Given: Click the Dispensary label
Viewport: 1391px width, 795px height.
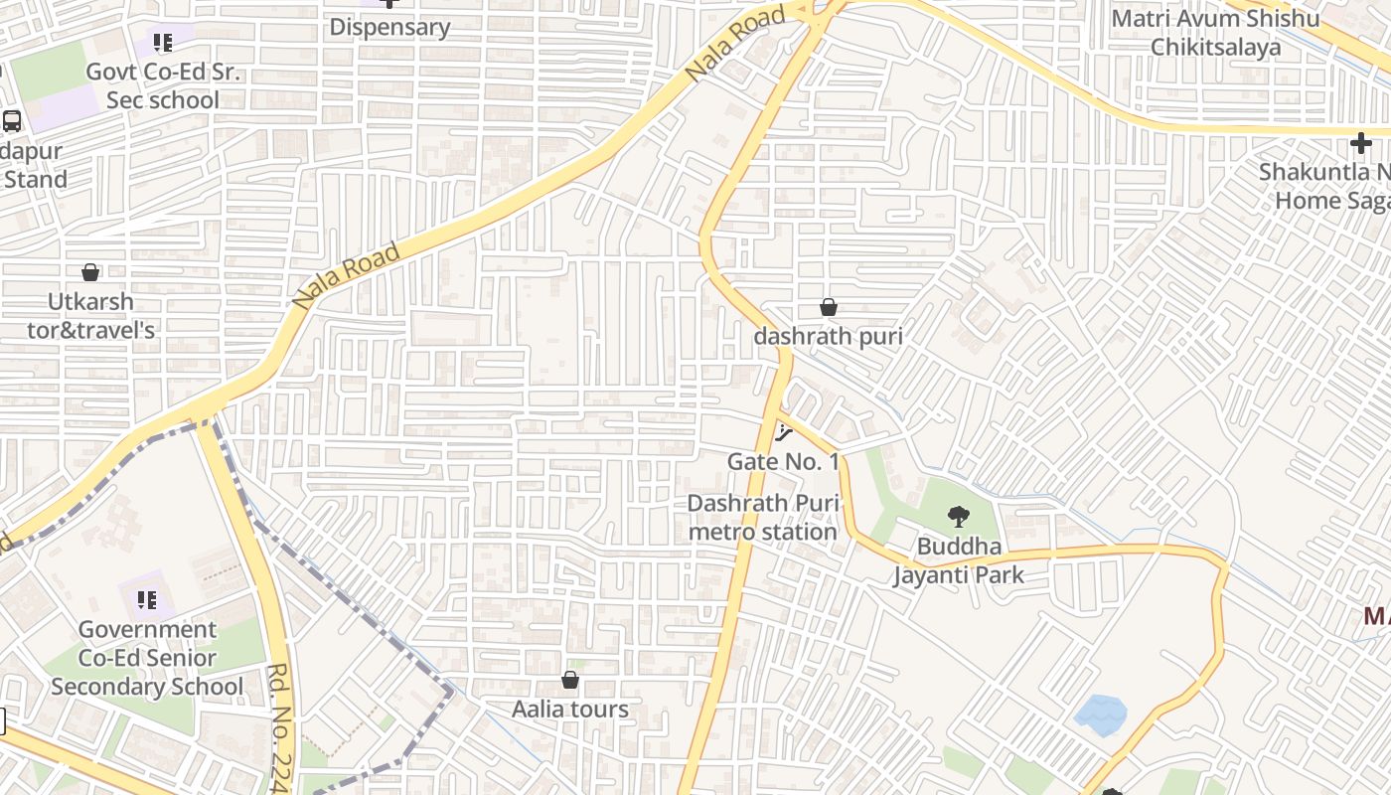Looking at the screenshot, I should click(x=389, y=27).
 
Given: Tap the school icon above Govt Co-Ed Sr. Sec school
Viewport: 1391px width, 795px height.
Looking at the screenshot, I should click(x=163, y=43).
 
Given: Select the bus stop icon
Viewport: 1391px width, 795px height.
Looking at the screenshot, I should click(x=12, y=121).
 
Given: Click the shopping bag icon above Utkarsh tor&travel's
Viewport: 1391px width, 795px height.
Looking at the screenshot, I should click(x=90, y=272).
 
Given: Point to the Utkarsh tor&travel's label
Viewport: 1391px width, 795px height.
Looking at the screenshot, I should click(x=90, y=315).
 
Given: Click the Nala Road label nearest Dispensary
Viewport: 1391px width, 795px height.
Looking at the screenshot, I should click(x=734, y=46).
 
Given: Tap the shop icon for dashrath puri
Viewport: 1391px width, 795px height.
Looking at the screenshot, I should click(x=828, y=308).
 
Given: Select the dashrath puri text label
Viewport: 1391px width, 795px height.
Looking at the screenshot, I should click(x=828, y=337).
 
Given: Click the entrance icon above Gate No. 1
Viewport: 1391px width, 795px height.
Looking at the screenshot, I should click(x=783, y=432).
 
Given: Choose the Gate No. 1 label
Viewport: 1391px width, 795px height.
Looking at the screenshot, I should click(x=783, y=461).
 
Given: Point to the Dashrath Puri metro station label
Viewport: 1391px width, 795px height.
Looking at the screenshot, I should click(x=763, y=518).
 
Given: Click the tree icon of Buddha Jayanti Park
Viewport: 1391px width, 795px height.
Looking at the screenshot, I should click(x=958, y=516).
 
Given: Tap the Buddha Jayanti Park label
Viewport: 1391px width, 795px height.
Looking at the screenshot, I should click(x=958, y=560).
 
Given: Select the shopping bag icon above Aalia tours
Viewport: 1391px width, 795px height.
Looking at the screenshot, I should click(x=570, y=680).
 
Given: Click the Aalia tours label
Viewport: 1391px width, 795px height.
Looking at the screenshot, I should click(x=570, y=710).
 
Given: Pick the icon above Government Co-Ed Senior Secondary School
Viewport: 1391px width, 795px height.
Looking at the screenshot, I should click(x=147, y=599).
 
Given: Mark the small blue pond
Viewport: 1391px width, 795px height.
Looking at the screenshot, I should click(x=1101, y=714).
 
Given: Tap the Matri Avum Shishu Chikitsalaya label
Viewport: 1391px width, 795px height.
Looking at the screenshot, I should click(x=1215, y=33).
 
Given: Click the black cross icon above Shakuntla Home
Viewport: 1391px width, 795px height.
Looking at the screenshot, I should click(x=1360, y=143).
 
